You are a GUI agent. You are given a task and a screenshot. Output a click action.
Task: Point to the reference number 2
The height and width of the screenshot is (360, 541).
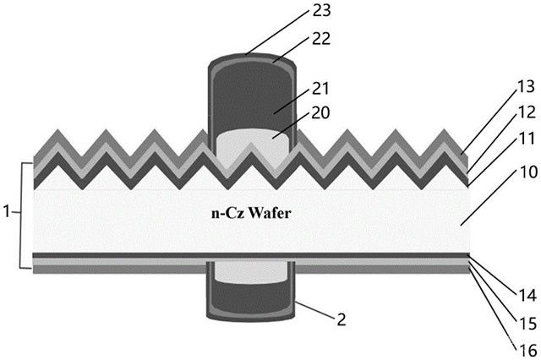(x=342, y=319)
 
